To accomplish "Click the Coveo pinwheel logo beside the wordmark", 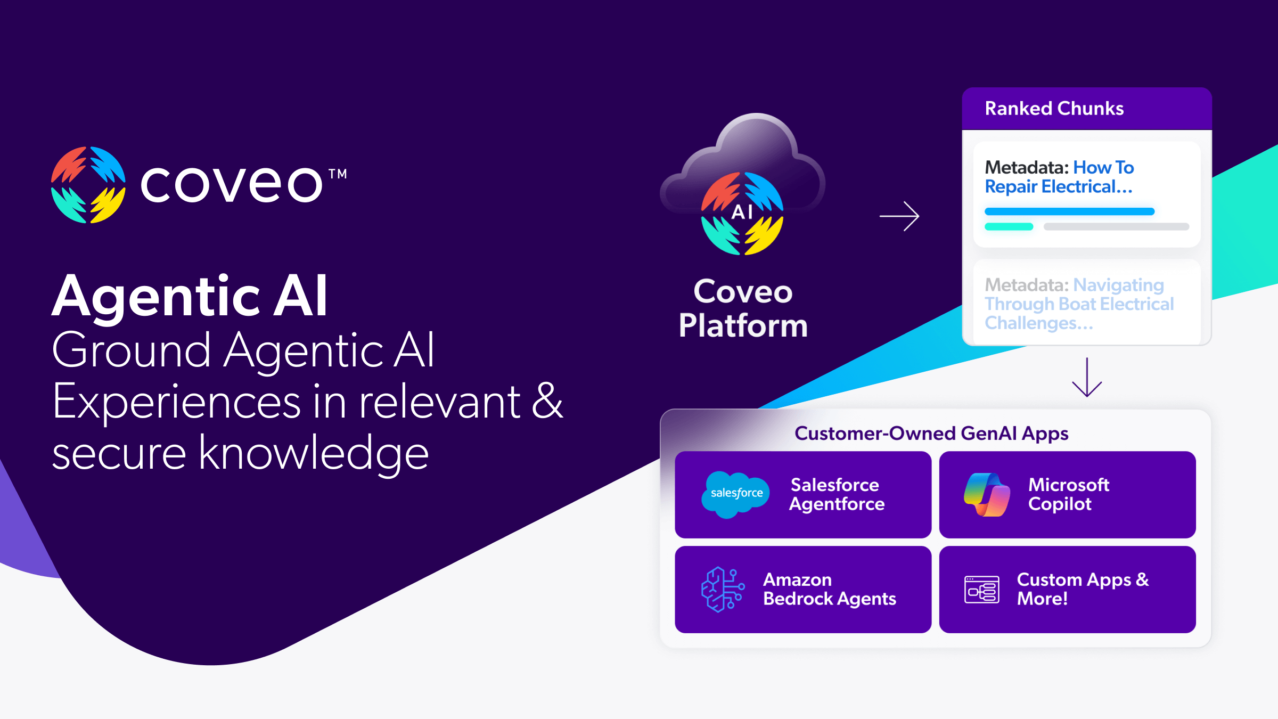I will (88, 185).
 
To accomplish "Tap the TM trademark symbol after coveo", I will (338, 174).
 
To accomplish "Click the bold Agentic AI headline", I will (190, 296).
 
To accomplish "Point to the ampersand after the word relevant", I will (547, 402).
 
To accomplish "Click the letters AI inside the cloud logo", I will (742, 212).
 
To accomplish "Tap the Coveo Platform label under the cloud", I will (743, 309).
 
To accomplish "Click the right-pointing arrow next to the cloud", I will (899, 216).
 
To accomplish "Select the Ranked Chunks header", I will (1054, 109).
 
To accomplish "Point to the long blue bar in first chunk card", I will (1069, 211).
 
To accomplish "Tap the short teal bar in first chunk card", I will (1009, 227).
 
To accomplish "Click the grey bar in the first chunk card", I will (1116, 227).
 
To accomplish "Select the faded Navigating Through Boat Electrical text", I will (1079, 304).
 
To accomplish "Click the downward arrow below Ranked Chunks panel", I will (1086, 378).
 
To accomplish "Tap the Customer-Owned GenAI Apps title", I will (931, 434).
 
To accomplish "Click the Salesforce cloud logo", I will (736, 494).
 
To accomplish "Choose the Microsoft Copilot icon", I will (987, 495).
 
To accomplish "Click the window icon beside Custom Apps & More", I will (982, 590).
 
